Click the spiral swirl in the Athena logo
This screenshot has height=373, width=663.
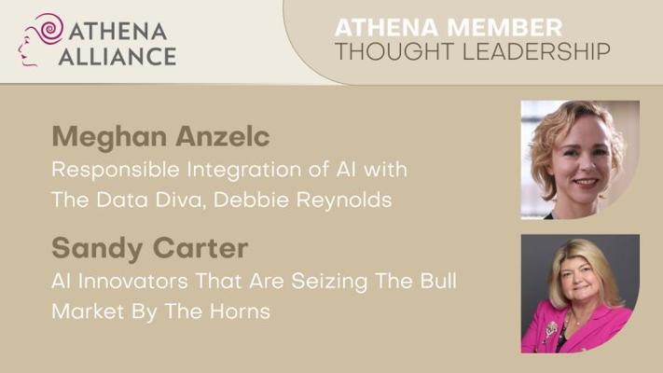(50, 28)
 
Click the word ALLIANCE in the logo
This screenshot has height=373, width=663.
(117, 57)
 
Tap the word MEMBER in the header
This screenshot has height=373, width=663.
(504, 27)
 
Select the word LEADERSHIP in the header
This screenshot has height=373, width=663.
(536, 51)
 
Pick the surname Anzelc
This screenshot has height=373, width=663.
(223, 136)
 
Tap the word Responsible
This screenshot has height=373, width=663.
(116, 171)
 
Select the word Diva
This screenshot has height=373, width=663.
(180, 200)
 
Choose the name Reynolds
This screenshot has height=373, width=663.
(344, 200)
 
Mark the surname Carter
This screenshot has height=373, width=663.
(200, 248)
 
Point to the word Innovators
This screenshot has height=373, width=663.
(133, 282)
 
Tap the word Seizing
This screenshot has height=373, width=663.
(329, 283)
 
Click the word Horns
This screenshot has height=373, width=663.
(240, 311)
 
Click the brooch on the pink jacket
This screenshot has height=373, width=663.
(551, 328)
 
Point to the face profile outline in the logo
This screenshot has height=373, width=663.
(27, 47)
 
